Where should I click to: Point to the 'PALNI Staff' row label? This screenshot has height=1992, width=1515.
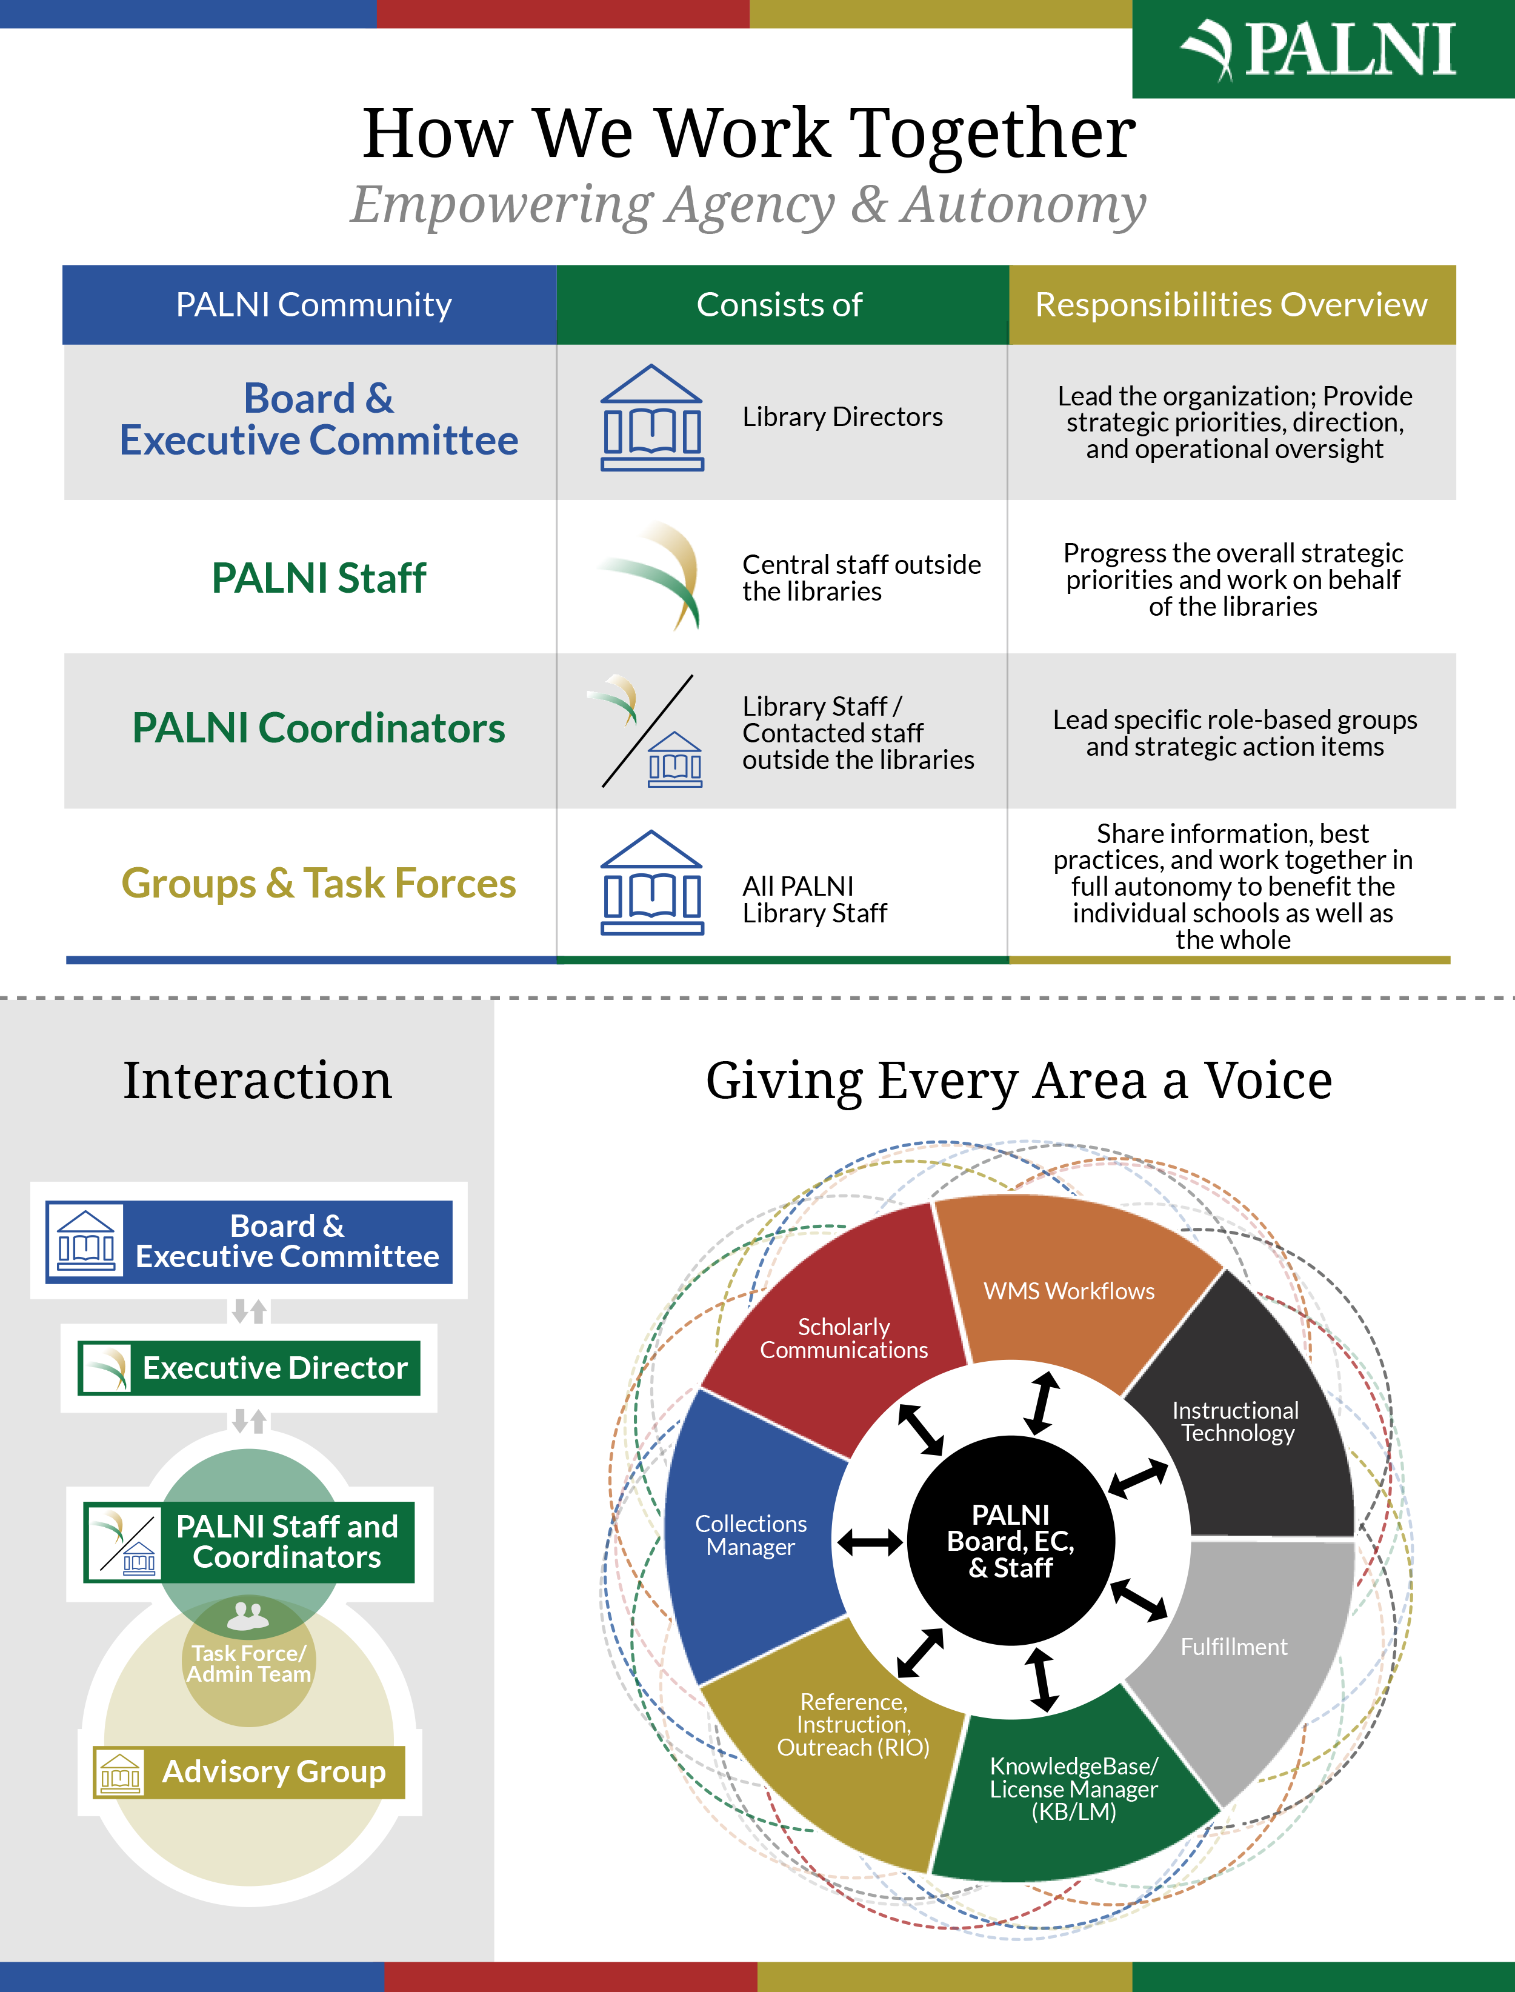(x=318, y=578)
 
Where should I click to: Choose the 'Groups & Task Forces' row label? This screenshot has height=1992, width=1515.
(x=318, y=884)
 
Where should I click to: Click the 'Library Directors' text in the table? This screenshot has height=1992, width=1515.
(x=842, y=416)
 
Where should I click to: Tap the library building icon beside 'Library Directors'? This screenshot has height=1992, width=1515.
(x=652, y=418)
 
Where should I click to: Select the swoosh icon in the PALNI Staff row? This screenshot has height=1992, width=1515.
(x=654, y=575)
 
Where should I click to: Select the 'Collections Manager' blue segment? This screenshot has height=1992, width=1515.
(x=750, y=1535)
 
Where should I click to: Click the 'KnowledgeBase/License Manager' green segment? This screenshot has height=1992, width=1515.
(x=1073, y=1790)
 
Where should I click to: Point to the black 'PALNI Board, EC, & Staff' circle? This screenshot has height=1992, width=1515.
(x=1011, y=1541)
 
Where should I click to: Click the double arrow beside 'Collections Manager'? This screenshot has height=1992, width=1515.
(x=870, y=1542)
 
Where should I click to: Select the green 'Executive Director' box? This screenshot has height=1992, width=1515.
(x=249, y=1368)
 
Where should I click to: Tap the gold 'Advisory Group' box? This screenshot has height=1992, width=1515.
(x=249, y=1772)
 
